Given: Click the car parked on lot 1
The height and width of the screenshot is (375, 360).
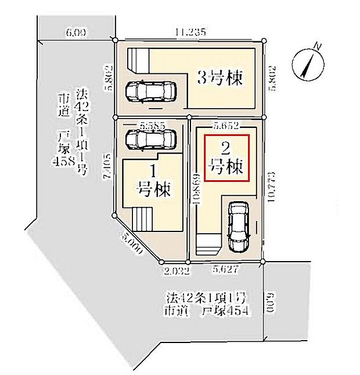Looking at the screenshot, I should point(150,140).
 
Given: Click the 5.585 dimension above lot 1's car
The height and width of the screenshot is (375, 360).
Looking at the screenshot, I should point(153,125).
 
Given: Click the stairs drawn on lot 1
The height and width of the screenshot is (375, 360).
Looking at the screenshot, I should point(143,220).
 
